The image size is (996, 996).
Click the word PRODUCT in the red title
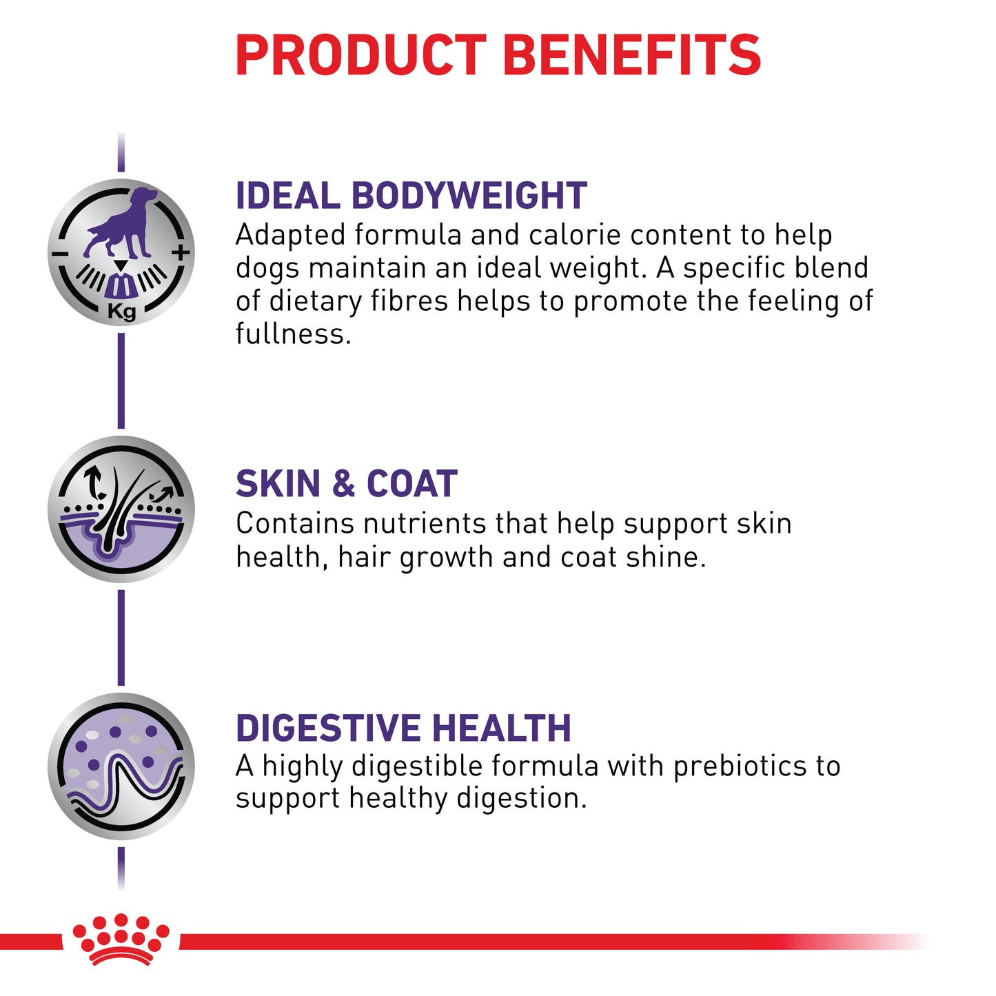pyautogui.click(x=360, y=55)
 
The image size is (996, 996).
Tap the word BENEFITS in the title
pyautogui.click(x=631, y=55)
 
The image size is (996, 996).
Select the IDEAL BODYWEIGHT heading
pyautogui.click(x=411, y=196)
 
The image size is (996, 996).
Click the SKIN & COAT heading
pyautogui.click(x=346, y=483)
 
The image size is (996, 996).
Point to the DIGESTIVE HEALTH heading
pyautogui.click(x=403, y=728)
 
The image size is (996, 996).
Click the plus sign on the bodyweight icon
pyautogui.click(x=181, y=253)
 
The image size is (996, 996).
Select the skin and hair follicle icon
pyautogui.click(x=121, y=509)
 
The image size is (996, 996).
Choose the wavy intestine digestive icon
pyautogui.click(x=121, y=766)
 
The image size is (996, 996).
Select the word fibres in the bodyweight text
pyautogui.click(x=409, y=301)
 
